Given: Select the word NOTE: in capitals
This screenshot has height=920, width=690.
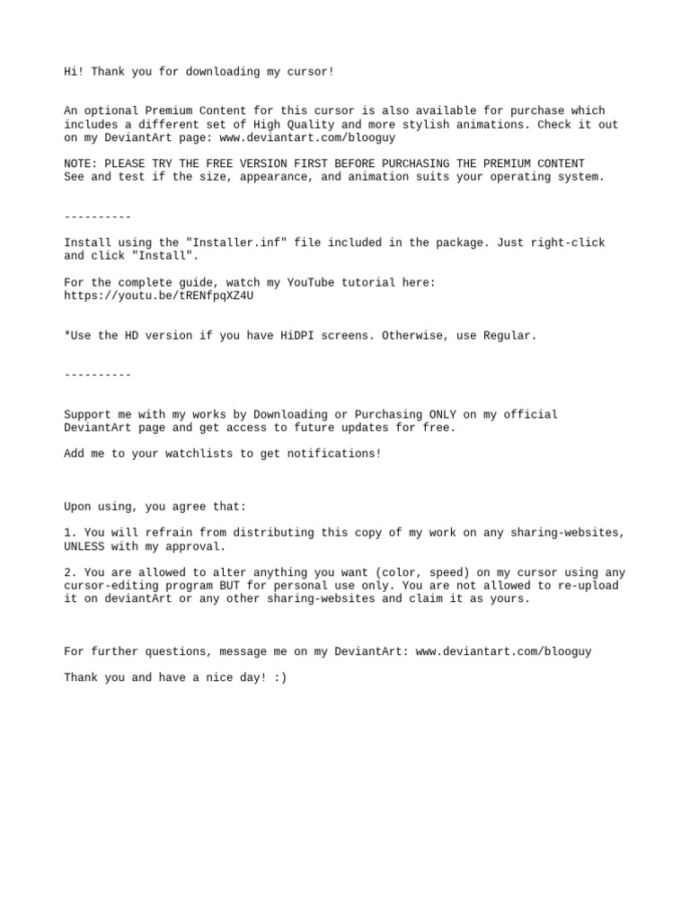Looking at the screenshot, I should (x=81, y=164).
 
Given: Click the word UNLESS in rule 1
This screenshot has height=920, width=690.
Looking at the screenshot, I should (x=84, y=546).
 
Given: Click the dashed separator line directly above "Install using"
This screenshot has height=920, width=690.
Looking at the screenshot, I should (x=98, y=217).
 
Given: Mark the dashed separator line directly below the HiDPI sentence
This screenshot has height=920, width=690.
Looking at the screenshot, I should (x=98, y=375).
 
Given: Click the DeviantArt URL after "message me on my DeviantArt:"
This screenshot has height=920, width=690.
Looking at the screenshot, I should (x=503, y=651).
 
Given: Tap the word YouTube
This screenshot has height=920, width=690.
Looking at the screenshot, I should (x=310, y=282).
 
